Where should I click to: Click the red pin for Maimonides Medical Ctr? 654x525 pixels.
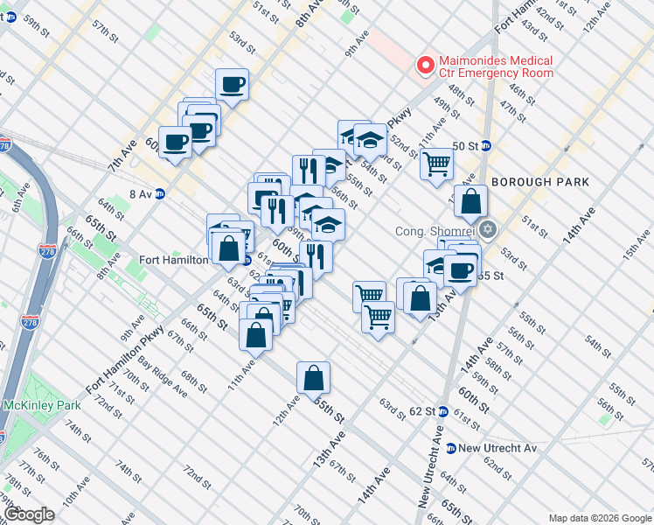[x=426, y=65]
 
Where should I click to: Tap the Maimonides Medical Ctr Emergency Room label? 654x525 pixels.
[x=495, y=66]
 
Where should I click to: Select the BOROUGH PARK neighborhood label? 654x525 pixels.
[x=541, y=182]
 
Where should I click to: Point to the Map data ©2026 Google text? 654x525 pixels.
[x=600, y=518]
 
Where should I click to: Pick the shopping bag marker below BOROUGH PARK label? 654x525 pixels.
[x=470, y=200]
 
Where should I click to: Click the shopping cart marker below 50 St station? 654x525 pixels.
[x=436, y=164]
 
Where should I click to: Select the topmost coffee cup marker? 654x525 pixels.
[x=232, y=85]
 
